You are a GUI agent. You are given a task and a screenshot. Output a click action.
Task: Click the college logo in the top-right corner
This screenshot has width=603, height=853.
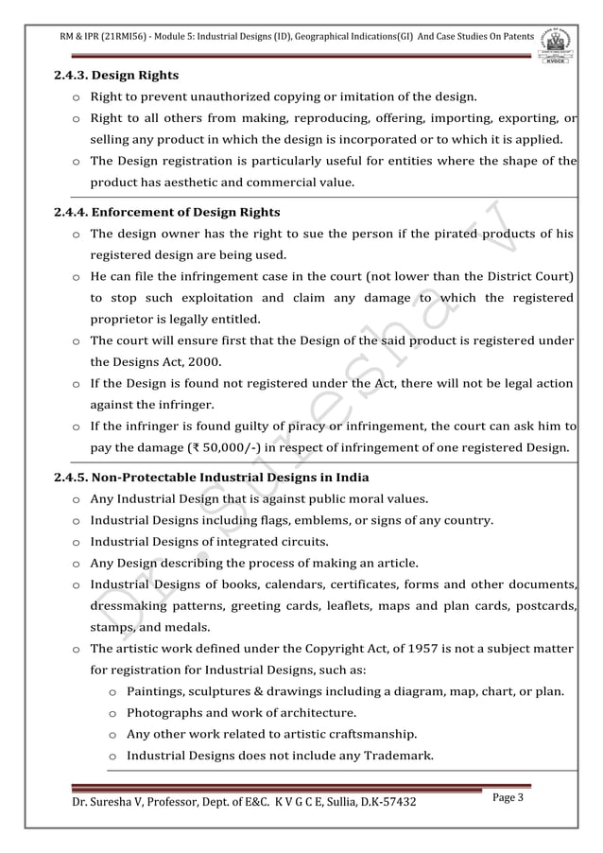coord(559,44)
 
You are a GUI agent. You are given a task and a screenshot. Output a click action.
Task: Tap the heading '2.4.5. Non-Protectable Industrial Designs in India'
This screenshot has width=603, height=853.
coord(212,476)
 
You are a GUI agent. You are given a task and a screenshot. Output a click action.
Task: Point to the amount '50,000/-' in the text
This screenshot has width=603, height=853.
coord(258,446)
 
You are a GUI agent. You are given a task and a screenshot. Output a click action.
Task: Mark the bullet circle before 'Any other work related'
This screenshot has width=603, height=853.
coord(112,735)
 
